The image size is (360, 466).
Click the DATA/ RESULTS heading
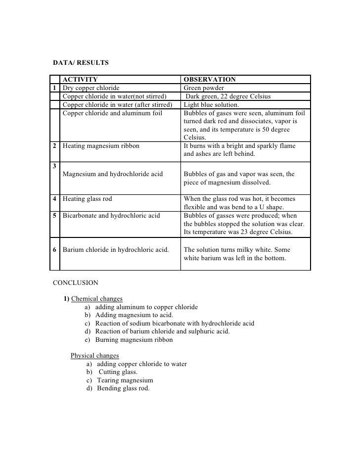pos(81,63)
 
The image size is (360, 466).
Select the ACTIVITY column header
pos(80,79)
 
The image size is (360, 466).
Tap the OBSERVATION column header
pos(210,79)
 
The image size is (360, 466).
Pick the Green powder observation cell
pos(204,88)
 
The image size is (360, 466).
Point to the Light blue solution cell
pos(211,105)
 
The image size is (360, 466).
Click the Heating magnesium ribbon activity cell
pos(101,146)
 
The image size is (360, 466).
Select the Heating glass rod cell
pos(88,199)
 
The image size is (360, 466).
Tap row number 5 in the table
pos(55,216)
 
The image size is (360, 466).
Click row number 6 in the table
pos(55,249)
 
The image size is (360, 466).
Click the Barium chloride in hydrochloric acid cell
pos(116,249)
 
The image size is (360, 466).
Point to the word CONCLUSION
pos(76,283)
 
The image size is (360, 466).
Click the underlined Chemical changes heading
pos(97,298)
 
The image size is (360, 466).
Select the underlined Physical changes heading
pos(94,356)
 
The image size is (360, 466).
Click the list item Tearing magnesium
pos(125,380)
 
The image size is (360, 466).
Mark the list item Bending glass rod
pos(123,388)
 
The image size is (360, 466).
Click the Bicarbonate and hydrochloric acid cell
pos(111,216)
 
